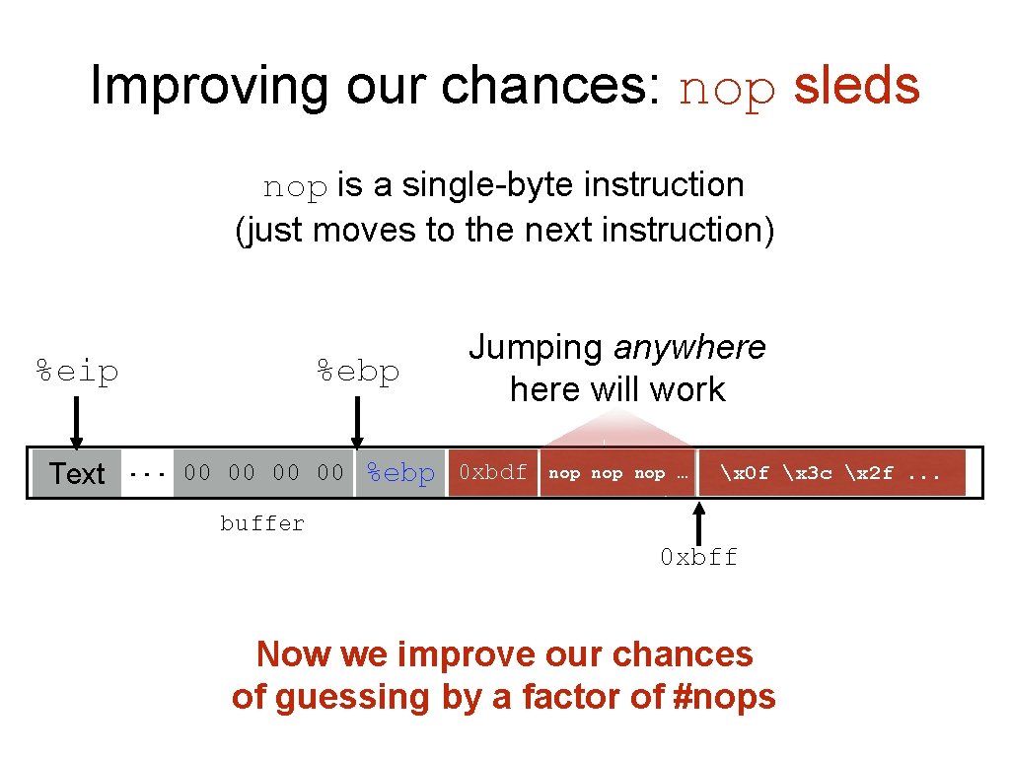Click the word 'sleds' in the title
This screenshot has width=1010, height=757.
(x=856, y=87)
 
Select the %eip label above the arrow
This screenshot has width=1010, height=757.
(x=77, y=372)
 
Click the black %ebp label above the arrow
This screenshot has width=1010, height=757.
(x=357, y=372)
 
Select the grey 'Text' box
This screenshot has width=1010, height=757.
(x=77, y=473)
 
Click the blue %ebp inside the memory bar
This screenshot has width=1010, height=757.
(x=400, y=473)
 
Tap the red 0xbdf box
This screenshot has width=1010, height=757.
(x=492, y=473)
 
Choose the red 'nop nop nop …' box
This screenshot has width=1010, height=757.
(x=617, y=473)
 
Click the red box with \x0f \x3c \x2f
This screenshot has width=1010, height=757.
(x=830, y=473)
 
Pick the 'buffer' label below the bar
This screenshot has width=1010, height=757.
(x=262, y=523)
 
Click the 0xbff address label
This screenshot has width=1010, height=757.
(x=698, y=557)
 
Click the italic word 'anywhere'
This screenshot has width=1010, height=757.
(x=689, y=347)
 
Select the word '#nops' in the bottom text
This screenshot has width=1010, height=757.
(x=722, y=697)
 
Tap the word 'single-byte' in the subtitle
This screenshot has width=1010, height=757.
(x=466, y=185)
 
